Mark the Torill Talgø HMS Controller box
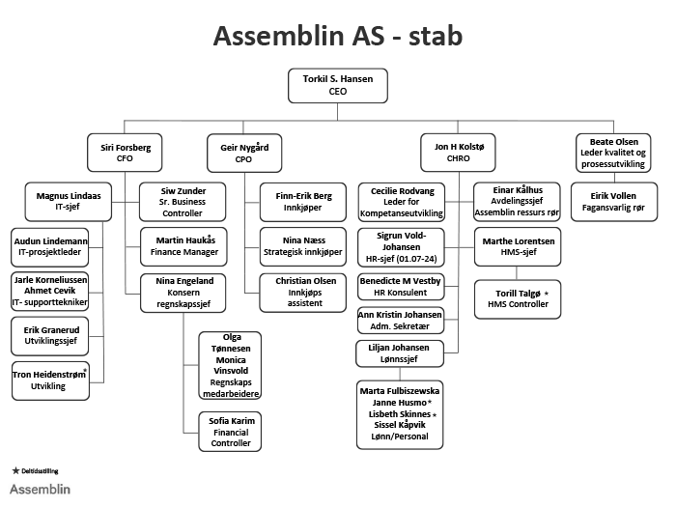click(x=518, y=298)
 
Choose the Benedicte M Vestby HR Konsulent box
click(x=400, y=287)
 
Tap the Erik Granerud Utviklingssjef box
click(x=49, y=336)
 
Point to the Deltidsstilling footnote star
click(x=14, y=470)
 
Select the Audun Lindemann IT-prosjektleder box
click(x=49, y=245)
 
